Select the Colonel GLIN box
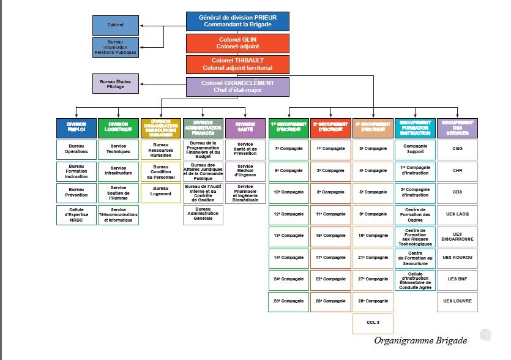click(237, 43)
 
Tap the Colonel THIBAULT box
click(237, 65)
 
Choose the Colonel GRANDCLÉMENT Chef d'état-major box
click(237, 87)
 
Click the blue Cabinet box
click(115, 26)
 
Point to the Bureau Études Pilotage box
click(115, 84)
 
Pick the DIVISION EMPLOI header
click(76, 127)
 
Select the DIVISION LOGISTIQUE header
click(118, 127)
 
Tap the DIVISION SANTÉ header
click(245, 127)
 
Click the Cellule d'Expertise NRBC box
click(76, 214)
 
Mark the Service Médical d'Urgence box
click(245, 170)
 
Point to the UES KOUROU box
click(458, 258)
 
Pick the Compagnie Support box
click(415, 149)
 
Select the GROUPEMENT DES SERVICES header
click(458, 127)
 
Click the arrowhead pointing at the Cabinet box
click(141, 26)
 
